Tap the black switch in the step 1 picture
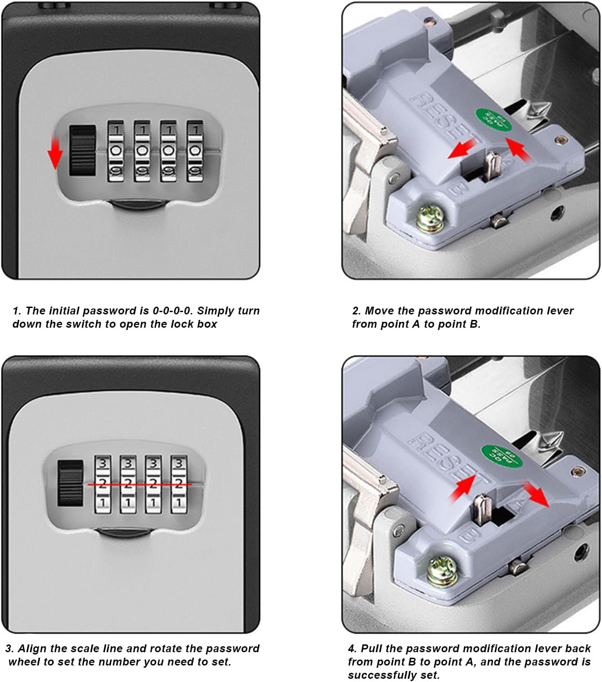click(82, 151)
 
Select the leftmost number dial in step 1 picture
click(116, 151)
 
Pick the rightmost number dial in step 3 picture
click(179, 484)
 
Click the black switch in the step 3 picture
click(70, 484)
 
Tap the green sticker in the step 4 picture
click(501, 456)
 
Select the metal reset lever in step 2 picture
click(493, 166)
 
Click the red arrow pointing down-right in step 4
click(536, 494)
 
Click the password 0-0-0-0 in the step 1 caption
click(172, 311)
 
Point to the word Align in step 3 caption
click(33, 649)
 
